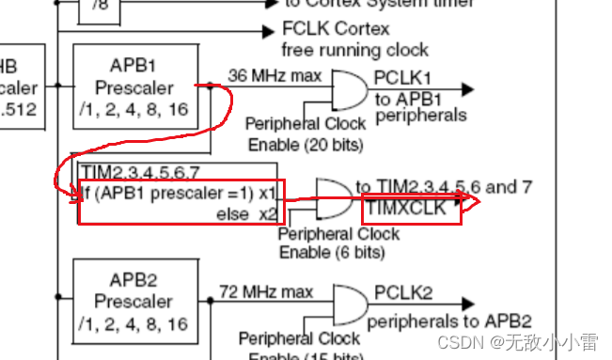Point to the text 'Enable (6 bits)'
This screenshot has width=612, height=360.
(332, 253)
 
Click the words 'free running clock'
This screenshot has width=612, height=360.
(354, 50)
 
